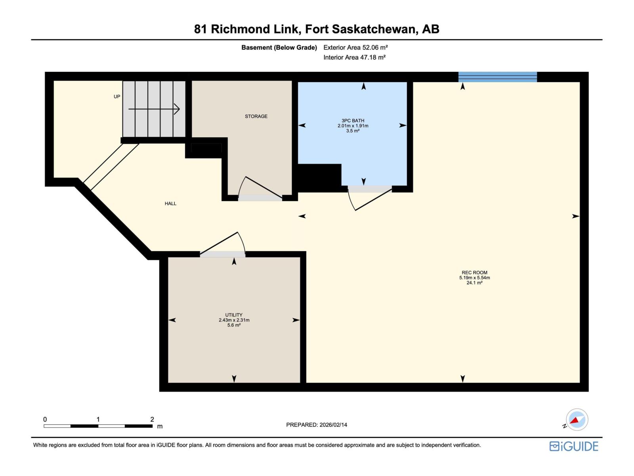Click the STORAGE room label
[x=256, y=116]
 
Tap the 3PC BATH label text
[x=353, y=121]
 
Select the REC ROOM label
[x=474, y=273]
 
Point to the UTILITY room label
[x=234, y=315]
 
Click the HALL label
[x=170, y=203]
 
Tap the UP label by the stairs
[x=117, y=96]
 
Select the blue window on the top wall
[x=497, y=77]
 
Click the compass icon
[x=577, y=420]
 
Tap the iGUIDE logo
[x=574, y=446]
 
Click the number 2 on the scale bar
[x=152, y=419]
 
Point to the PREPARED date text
[x=317, y=425]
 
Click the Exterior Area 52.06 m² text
[x=355, y=47]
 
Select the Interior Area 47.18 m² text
[x=354, y=57]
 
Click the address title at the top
[x=317, y=29]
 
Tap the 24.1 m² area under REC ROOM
[x=474, y=283]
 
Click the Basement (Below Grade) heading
[x=279, y=48]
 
